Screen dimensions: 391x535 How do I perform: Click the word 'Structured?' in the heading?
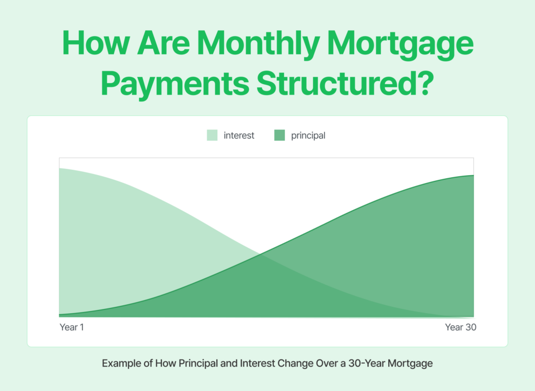[342, 84]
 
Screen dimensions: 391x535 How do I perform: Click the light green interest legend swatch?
[212, 135]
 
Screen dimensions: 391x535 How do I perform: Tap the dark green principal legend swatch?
[280, 135]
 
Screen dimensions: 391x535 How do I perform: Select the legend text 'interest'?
[239, 135]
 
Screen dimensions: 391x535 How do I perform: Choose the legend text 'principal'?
[308, 135]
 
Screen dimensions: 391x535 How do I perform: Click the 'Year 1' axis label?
[72, 328]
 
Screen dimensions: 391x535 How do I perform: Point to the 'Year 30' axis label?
[461, 328]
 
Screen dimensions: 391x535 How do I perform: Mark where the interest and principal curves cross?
[260, 255]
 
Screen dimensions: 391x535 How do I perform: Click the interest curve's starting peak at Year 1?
[60, 168]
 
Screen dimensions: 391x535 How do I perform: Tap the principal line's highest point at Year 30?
[473, 176]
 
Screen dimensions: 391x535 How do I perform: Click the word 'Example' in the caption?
[119, 363]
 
